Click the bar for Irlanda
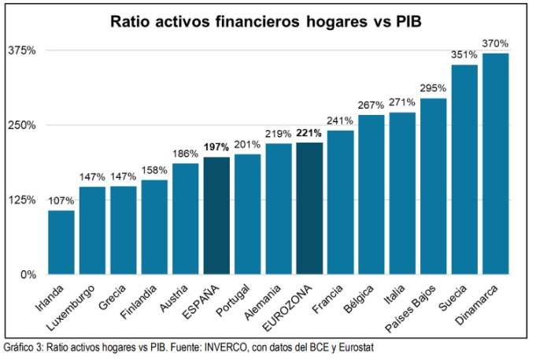(x=61, y=243)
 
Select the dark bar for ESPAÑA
(x=216, y=215)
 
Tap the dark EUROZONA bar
(x=309, y=208)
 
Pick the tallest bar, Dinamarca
(x=496, y=164)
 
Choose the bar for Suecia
(x=464, y=169)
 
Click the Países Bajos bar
(x=434, y=186)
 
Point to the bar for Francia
(x=341, y=202)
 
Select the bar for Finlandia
(x=154, y=227)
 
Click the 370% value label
(x=496, y=44)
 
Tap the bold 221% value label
(x=309, y=133)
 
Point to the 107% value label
(x=61, y=201)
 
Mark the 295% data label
(x=434, y=88)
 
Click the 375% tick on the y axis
(x=22, y=50)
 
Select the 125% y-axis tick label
(x=22, y=200)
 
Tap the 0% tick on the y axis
(x=28, y=275)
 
